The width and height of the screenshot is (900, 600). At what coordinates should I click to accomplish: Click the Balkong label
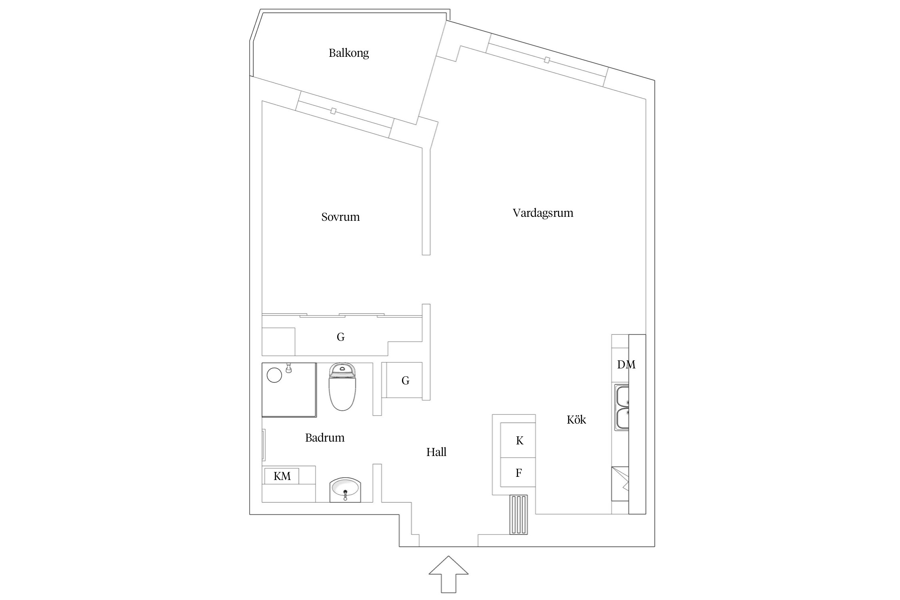(348, 53)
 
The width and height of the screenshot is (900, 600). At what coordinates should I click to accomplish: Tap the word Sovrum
(340, 217)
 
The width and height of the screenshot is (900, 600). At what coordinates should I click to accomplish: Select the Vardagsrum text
(543, 213)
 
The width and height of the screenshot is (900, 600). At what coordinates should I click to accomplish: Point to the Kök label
(576, 420)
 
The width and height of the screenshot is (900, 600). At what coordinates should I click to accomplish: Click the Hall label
(436, 452)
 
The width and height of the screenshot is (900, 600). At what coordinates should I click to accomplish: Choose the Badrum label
(324, 438)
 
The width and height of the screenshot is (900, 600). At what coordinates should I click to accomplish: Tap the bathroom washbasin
(345, 490)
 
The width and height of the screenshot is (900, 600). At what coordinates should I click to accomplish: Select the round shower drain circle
(274, 375)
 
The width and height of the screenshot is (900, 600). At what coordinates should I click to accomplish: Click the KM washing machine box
(282, 476)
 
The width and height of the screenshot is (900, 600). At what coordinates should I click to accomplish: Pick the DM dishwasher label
(626, 364)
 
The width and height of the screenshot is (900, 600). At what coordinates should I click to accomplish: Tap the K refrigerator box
(519, 441)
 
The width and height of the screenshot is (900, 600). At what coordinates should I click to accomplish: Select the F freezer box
(518, 473)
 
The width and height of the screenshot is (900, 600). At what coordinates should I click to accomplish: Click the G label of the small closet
(405, 381)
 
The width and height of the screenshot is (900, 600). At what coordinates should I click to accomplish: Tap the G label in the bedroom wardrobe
(340, 337)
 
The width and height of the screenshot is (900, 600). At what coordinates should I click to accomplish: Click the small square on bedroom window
(333, 111)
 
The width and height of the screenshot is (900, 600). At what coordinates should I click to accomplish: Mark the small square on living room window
(547, 60)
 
